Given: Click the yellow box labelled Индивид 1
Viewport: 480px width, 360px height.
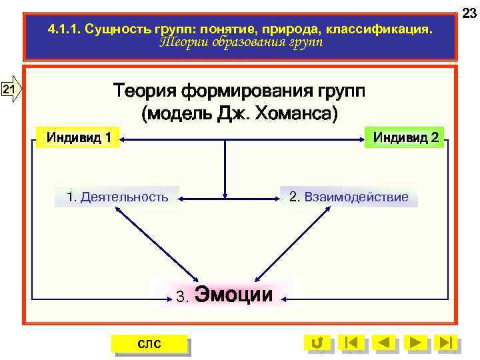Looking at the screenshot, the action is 78,138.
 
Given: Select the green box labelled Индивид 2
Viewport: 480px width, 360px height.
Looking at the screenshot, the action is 405,138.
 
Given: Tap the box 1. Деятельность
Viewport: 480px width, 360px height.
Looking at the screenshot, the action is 117,197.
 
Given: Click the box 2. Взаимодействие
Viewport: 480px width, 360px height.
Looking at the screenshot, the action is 349,197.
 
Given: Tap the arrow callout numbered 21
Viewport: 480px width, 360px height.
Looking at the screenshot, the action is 11,90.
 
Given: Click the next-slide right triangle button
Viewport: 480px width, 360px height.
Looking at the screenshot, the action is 415,343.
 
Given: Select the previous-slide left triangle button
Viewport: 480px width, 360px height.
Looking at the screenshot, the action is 384,343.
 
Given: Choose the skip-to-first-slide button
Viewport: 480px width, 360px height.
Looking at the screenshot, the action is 352,343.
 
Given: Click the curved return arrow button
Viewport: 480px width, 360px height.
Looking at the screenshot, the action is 318,343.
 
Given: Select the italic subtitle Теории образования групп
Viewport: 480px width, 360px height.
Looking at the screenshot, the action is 241,43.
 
